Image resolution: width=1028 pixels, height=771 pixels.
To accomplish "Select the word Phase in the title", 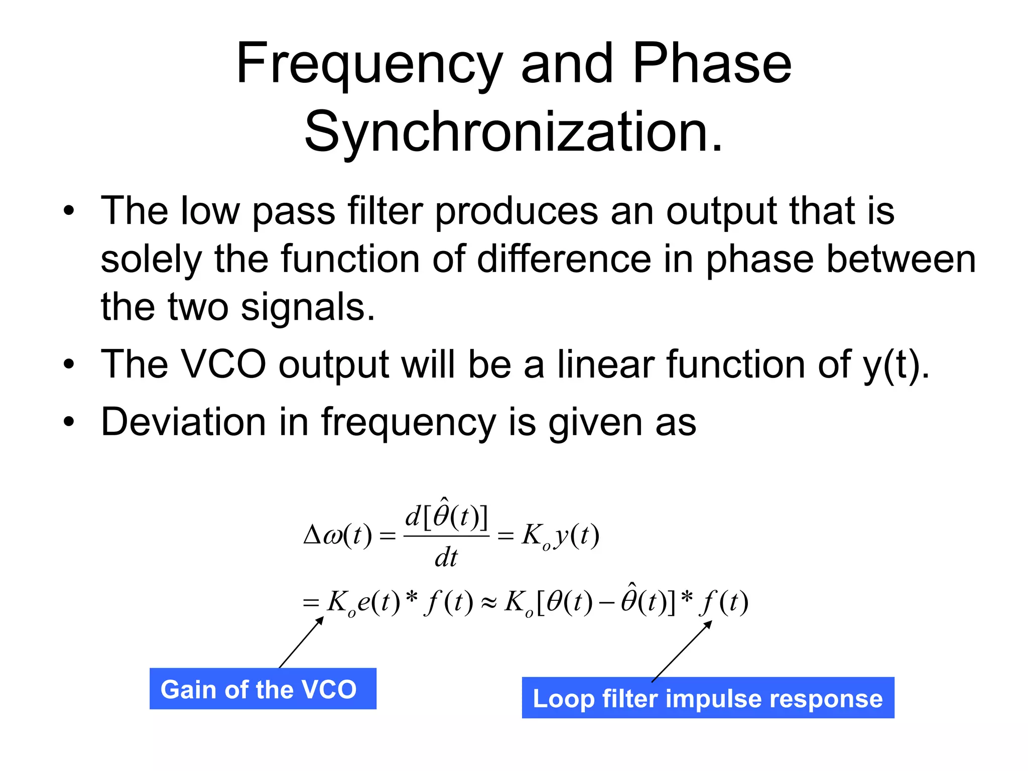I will (x=712, y=64).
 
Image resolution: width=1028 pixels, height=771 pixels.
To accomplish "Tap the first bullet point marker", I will (x=69, y=211).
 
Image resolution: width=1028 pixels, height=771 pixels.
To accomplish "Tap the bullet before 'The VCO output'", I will (x=69, y=364).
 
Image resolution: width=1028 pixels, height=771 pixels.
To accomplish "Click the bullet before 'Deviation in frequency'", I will (x=69, y=422).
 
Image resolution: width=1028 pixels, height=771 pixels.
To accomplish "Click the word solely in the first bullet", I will (x=151, y=260).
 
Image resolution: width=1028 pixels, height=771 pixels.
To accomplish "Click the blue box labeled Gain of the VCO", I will (x=263, y=689).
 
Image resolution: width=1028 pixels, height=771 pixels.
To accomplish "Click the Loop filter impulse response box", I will (x=708, y=698).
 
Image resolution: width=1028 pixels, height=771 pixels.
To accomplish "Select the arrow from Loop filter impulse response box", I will (x=682, y=651).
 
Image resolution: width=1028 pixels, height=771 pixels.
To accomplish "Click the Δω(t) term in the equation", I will (x=337, y=536).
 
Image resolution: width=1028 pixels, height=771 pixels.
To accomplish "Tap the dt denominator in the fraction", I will (x=446, y=558).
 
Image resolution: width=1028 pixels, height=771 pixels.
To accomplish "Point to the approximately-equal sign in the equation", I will (x=488, y=603).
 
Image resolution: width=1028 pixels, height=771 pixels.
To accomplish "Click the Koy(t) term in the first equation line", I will (x=560, y=536).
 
